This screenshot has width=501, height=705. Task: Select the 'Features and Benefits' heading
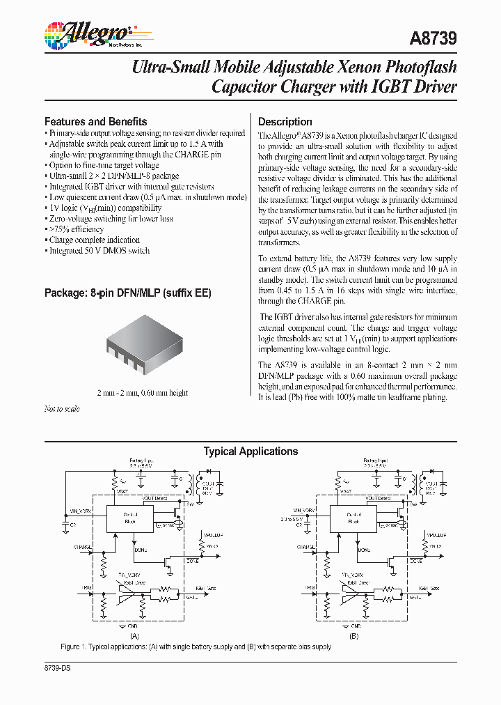coord(95,121)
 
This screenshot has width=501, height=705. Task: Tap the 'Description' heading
coord(285,121)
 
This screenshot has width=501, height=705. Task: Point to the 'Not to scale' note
coord(62,409)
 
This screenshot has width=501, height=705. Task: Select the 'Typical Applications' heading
coord(250,451)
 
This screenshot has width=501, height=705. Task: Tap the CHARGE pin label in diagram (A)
coord(82,548)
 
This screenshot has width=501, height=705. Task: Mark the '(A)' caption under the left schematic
coord(134,636)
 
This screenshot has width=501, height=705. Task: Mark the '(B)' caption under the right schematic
coord(353,636)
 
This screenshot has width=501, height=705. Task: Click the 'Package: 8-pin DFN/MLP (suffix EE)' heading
coord(127,293)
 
